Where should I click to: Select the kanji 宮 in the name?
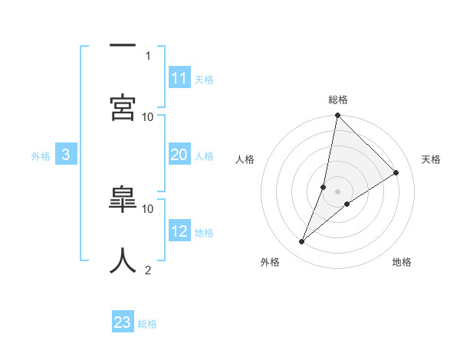click(x=123, y=107)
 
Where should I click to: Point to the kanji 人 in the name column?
click(x=123, y=260)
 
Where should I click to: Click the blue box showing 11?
click(x=179, y=78)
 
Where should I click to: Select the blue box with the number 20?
click(x=179, y=155)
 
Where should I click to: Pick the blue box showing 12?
click(x=179, y=231)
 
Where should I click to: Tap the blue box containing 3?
click(x=66, y=155)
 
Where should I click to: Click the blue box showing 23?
click(x=123, y=322)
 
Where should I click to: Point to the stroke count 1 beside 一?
click(x=148, y=55)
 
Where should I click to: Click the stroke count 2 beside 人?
click(x=148, y=270)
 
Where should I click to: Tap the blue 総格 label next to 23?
click(x=147, y=324)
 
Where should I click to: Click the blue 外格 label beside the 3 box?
click(x=41, y=155)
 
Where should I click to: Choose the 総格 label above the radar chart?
click(x=338, y=100)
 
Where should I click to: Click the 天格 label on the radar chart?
click(x=432, y=159)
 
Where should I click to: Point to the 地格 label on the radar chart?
click(x=402, y=262)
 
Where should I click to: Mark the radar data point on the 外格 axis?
click(x=302, y=242)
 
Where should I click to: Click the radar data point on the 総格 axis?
click(x=338, y=116)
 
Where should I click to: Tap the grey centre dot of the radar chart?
click(x=338, y=191)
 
